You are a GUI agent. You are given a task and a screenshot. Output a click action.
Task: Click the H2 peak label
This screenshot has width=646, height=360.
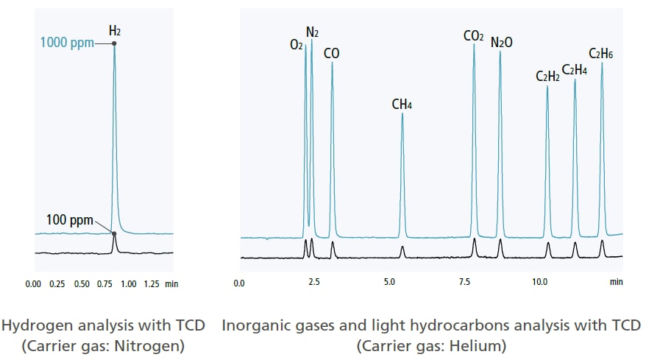coord(114,31)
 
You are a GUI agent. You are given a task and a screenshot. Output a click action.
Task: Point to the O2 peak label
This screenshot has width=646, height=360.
coord(297,45)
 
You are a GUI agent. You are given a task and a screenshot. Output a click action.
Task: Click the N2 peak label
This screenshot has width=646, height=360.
coord(313,32)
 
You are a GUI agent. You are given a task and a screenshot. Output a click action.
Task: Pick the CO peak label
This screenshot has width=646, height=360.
coord(332,53)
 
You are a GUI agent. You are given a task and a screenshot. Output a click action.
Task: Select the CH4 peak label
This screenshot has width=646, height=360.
coord(402,105)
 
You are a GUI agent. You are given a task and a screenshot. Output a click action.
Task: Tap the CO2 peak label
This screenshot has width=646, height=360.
coord(473,35)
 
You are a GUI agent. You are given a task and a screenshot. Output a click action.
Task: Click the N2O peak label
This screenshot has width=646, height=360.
coord(502,43)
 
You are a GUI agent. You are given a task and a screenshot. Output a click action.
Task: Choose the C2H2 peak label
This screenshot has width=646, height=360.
coord(547,76)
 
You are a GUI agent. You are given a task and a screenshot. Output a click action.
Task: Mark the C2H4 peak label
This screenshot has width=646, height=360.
coord(575,70)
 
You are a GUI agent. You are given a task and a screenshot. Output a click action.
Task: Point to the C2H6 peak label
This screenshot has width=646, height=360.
coord(601,53)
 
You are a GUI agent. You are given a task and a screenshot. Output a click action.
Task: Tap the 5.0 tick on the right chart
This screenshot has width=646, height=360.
coord(390,282)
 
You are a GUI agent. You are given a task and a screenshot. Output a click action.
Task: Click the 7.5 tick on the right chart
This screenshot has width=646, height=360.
coord(465,282)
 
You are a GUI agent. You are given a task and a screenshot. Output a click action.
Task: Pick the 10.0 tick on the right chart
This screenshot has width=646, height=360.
coord(540,282)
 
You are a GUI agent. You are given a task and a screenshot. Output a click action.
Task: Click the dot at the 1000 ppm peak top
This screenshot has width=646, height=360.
coord(114,43)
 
